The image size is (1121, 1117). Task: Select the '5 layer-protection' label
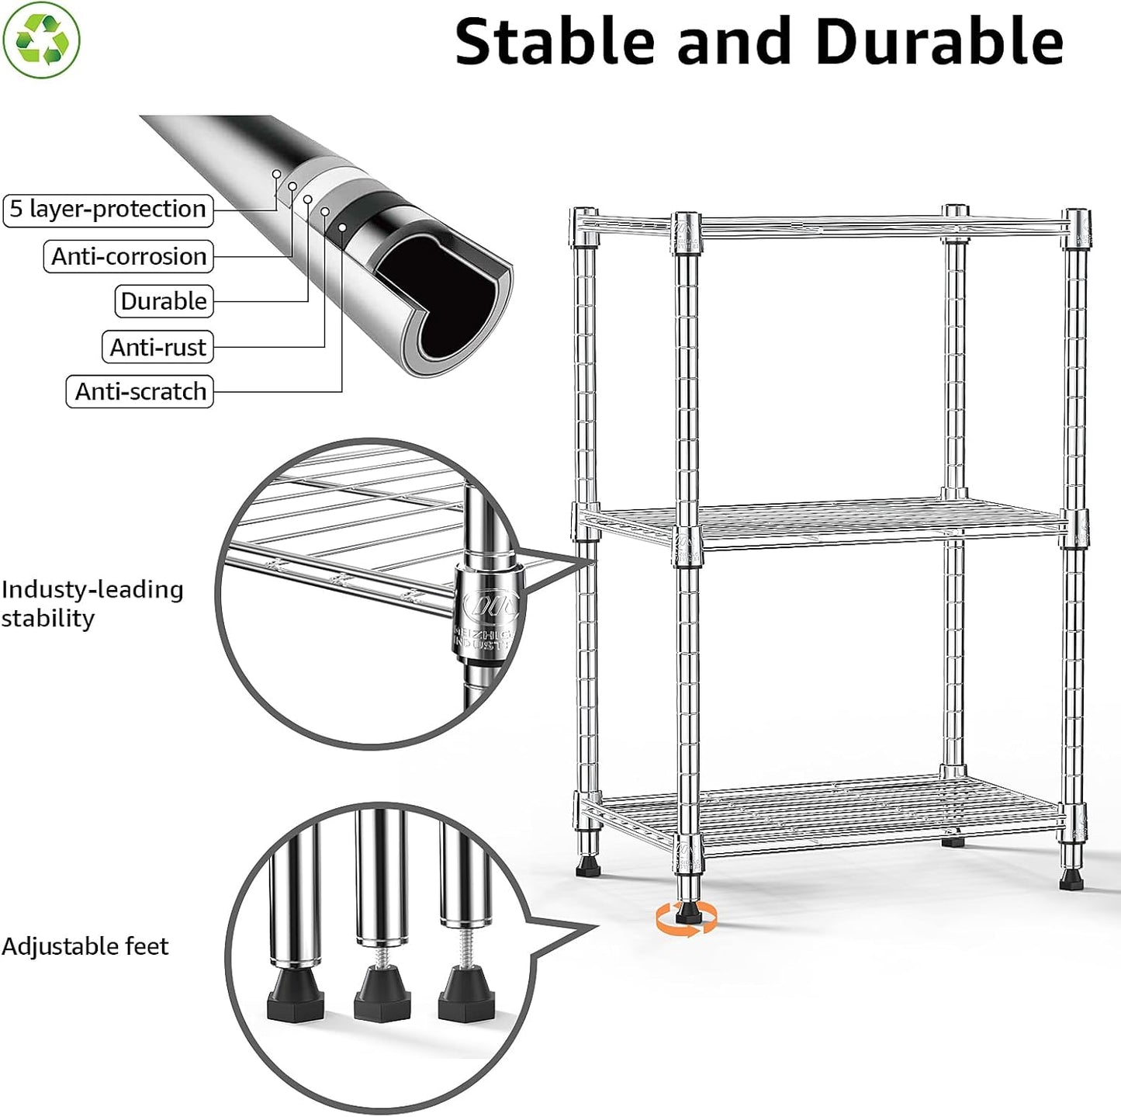coord(108,210)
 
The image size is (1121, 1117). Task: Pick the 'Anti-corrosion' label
coord(129,257)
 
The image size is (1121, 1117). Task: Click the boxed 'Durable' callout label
coord(164,301)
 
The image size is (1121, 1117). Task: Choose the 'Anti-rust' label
coord(157,347)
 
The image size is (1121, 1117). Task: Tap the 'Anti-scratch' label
coord(140,392)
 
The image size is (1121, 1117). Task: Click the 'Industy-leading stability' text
coord(92,604)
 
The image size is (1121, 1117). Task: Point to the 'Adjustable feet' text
coord(85,946)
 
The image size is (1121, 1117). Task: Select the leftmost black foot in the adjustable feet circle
coord(294,997)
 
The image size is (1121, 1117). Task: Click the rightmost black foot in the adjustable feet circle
coord(464,999)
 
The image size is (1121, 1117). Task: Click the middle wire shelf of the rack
coord(830,523)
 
